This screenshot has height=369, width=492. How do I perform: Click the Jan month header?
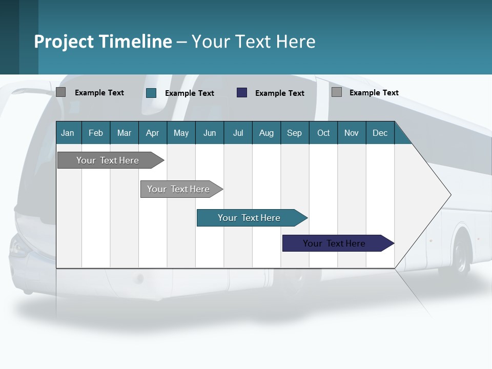tap(68, 133)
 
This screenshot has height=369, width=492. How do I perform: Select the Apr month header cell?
tap(153, 133)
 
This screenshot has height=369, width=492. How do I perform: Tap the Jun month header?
tap(210, 133)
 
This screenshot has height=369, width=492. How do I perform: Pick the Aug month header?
tap(266, 133)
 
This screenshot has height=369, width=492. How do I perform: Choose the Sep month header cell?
tap(295, 133)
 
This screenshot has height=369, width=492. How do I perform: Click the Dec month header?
tap(380, 133)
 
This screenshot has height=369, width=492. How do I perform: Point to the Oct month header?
tap(323, 133)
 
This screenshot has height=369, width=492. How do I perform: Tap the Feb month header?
tap(96, 133)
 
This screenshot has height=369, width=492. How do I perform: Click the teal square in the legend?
tap(151, 93)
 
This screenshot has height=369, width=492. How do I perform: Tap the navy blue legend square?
tap(242, 93)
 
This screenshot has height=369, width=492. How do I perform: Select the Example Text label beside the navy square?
tap(280, 93)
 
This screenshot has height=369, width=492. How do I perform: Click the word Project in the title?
tap(64, 42)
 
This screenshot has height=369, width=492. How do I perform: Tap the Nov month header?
tap(352, 133)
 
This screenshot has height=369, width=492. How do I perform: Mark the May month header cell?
tap(181, 133)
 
